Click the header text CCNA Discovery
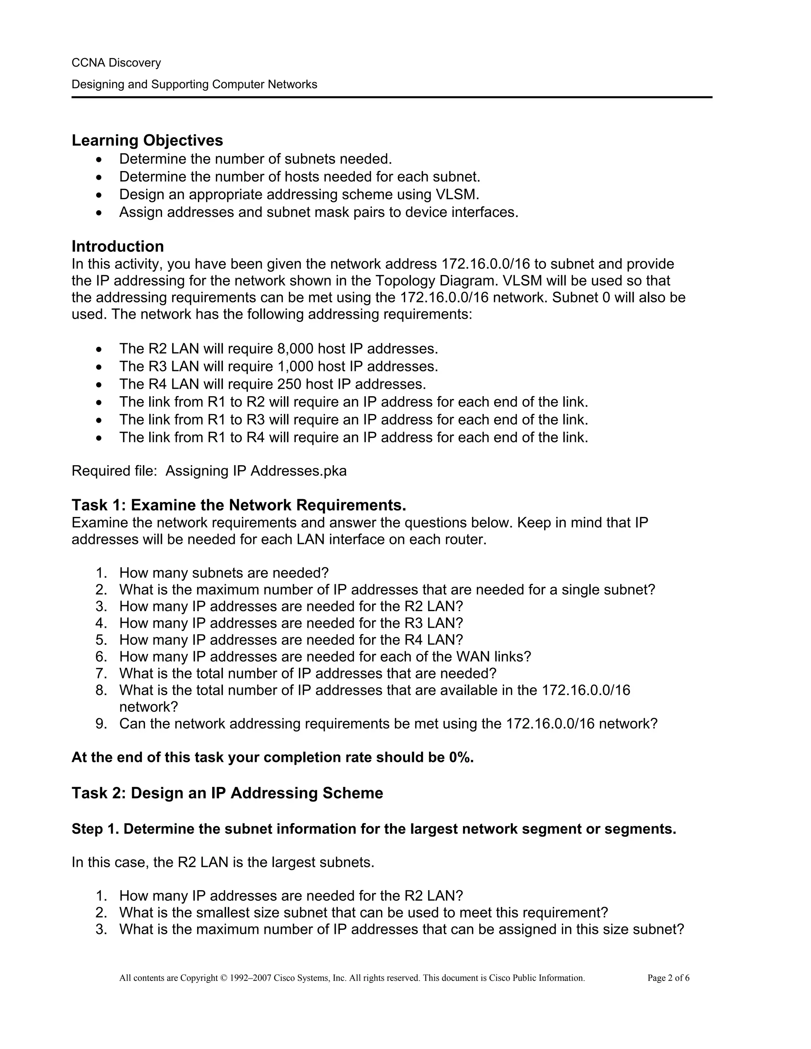tap(116, 63)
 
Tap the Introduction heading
tap(118, 246)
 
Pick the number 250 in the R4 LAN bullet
tap(289, 384)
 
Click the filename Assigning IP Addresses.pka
tap(256, 471)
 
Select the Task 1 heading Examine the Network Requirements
tap(239, 505)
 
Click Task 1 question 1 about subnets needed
tap(224, 573)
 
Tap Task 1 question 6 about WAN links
tap(325, 657)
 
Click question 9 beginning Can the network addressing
tap(388, 724)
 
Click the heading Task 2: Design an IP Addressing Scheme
tap(227, 793)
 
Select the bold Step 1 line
tap(373, 829)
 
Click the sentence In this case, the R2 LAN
tap(223, 863)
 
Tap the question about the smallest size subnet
tap(363, 912)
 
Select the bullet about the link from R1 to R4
tap(353, 437)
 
